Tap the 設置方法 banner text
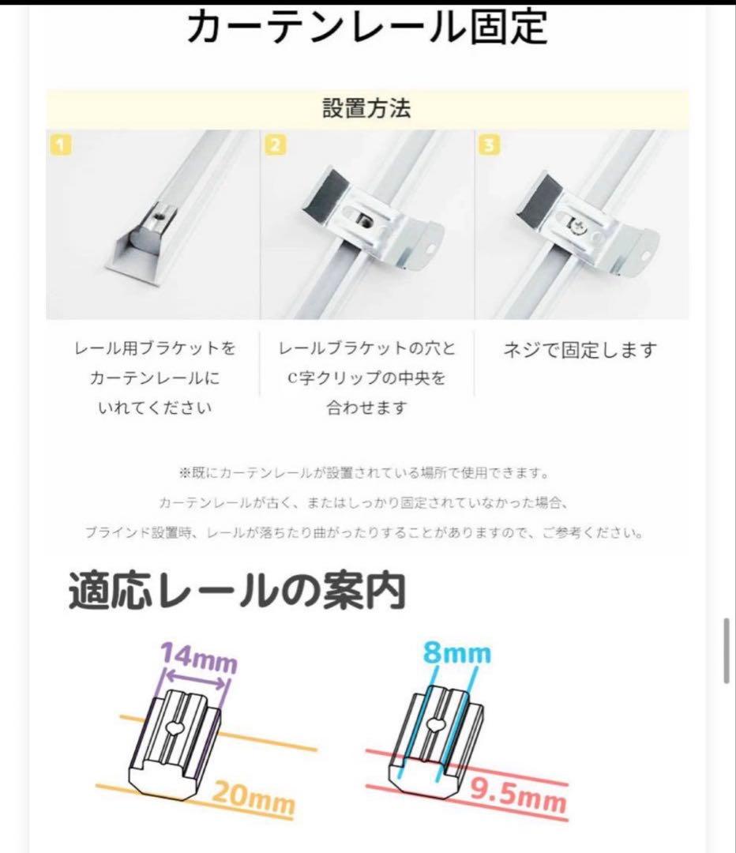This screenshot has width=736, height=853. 366,108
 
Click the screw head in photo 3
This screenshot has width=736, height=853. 580,227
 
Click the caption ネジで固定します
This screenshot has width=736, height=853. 580,350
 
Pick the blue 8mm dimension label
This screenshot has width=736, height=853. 456,653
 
